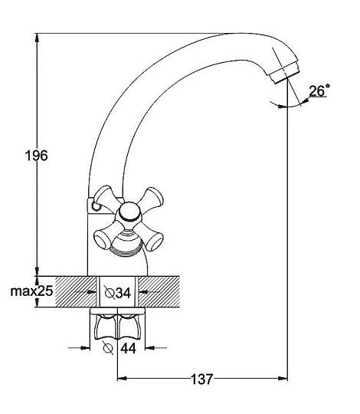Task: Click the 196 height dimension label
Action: point(37,156)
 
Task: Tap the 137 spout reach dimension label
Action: point(201,379)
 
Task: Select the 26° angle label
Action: point(319,90)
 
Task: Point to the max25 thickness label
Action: point(31,291)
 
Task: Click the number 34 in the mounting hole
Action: point(123,293)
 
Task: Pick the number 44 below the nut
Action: point(128,348)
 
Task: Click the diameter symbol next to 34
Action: point(110,293)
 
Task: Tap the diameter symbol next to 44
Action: point(108,348)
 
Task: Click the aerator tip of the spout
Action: point(285,72)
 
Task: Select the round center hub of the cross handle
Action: point(129,212)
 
